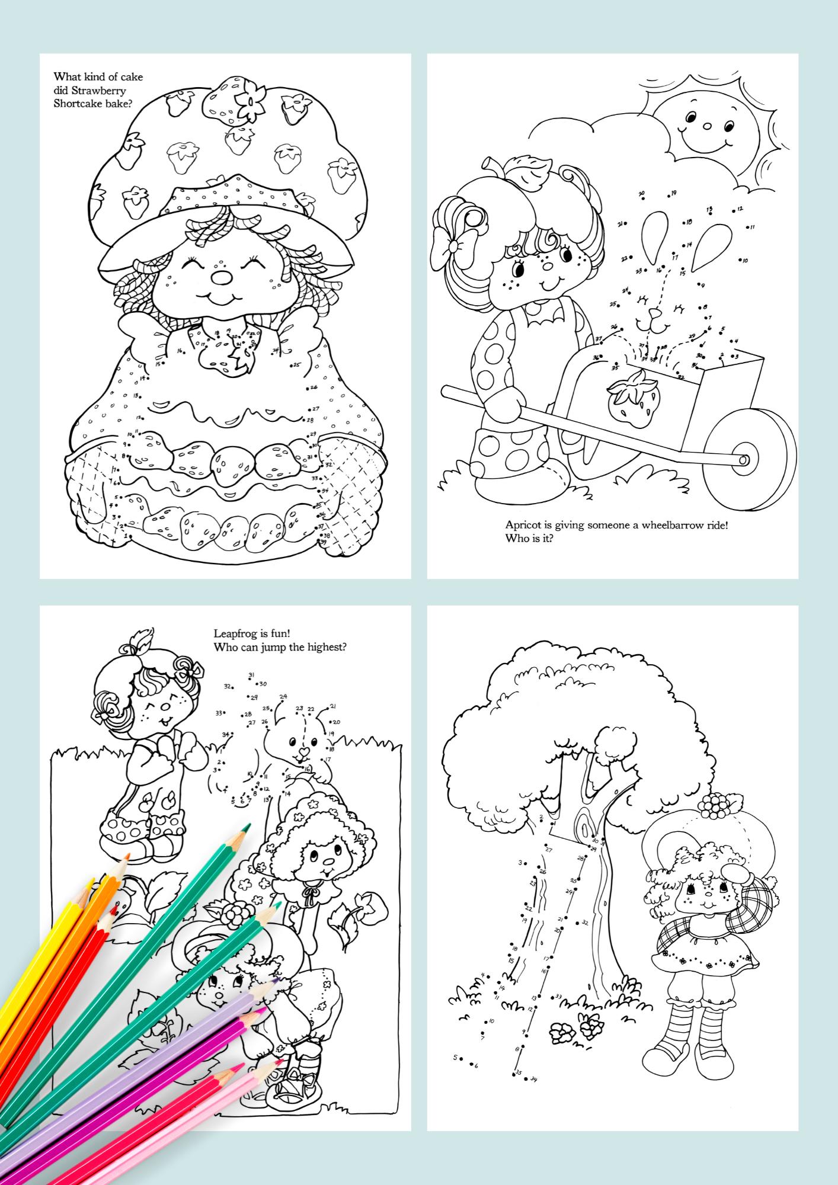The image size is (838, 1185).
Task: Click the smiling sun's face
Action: (706, 127)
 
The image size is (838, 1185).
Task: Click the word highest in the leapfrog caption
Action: (325, 648)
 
